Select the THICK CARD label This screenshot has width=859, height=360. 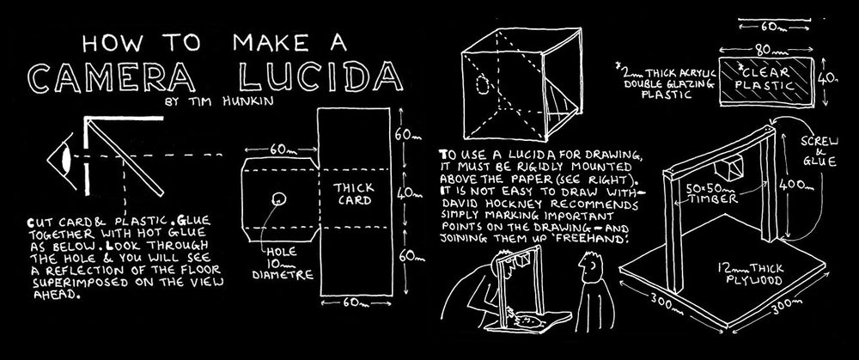coord(353,194)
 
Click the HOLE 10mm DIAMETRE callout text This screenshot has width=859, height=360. coord(283,263)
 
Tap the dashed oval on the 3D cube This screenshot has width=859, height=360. coord(483,85)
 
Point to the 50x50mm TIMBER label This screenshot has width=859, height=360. coord(712,192)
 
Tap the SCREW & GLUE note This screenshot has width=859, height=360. coord(819,150)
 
